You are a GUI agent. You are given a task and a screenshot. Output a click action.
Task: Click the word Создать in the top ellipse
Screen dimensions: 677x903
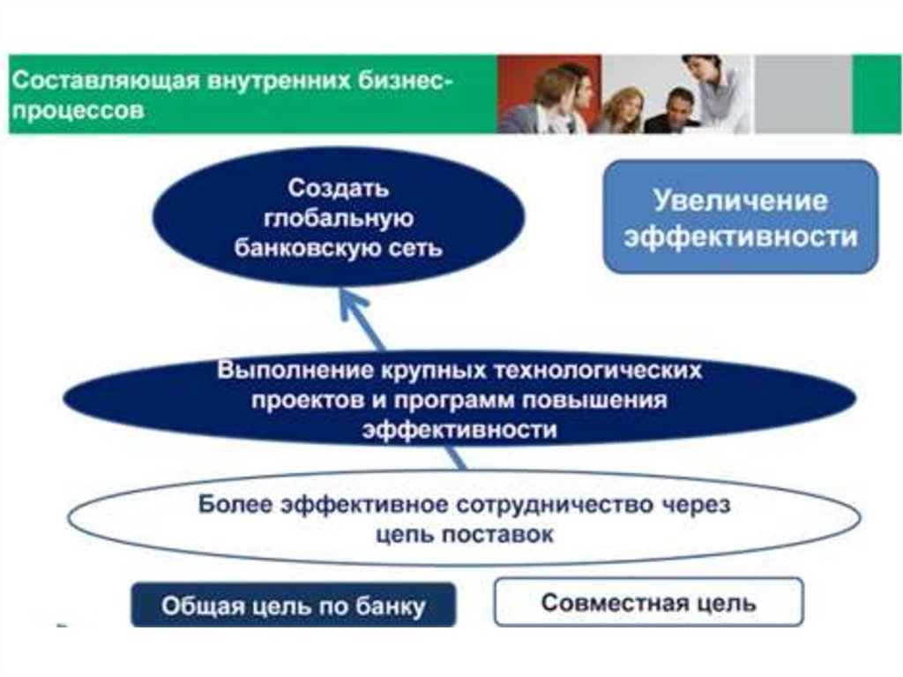pyautogui.click(x=339, y=189)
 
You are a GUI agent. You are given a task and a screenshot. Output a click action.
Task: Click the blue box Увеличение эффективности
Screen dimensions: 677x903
pyautogui.click(x=741, y=217)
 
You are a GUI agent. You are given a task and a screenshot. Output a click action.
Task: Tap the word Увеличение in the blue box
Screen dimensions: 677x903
pyautogui.click(x=741, y=200)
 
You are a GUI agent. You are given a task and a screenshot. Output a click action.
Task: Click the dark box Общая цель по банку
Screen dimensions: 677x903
pyautogui.click(x=294, y=606)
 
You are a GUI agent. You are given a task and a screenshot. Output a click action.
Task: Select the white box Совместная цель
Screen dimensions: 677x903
pyautogui.click(x=648, y=603)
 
